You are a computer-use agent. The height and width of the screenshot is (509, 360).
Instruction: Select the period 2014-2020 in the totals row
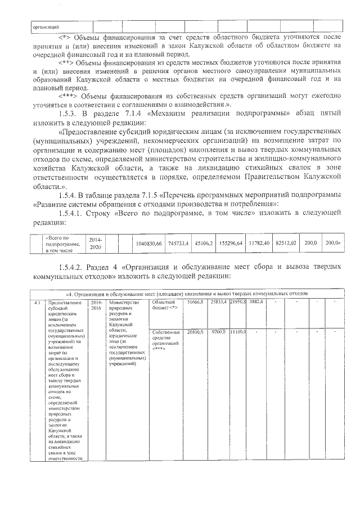[96, 243]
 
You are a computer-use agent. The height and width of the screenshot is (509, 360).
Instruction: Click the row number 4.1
[37, 303]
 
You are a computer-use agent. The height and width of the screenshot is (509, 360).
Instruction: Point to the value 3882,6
[256, 303]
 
